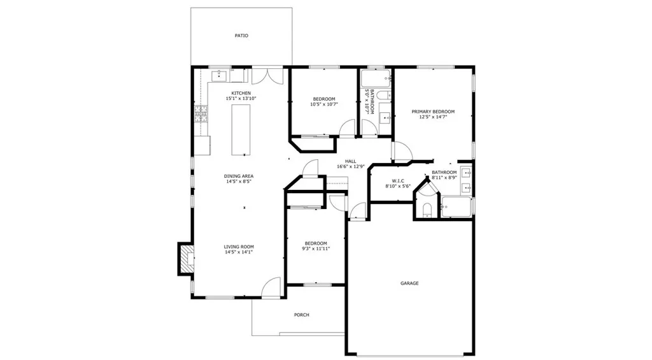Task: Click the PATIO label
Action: tap(241, 36)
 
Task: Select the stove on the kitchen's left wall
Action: tap(201, 114)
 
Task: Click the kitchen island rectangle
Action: tap(241, 130)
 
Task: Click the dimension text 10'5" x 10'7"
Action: tap(323, 104)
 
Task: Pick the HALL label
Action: tap(350, 161)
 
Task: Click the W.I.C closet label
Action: tap(398, 180)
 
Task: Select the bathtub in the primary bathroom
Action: tap(457, 207)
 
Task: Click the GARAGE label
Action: tap(409, 283)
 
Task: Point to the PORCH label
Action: tap(301, 315)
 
